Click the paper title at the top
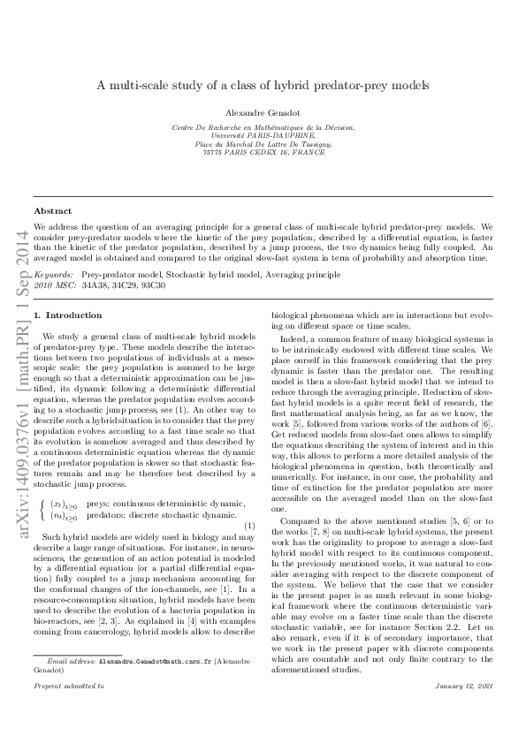point(263,86)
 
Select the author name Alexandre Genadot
point(263,112)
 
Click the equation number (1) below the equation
point(249,502)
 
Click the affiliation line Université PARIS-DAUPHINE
point(263,135)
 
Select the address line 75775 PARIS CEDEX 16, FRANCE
point(263,152)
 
